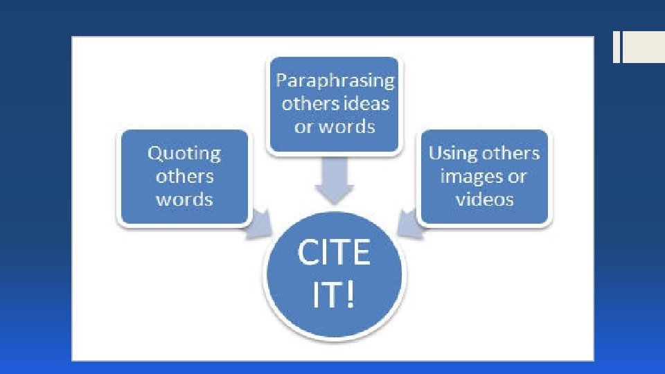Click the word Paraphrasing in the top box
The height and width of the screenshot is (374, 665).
tap(335, 81)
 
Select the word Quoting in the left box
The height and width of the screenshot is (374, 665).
tap(184, 153)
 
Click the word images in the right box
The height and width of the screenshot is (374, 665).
tap(470, 177)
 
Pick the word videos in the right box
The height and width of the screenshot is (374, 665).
tap(484, 199)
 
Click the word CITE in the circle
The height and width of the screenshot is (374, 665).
tap(334, 253)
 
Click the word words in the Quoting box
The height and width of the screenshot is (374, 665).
tap(184, 200)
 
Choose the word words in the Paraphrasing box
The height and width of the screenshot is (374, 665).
tap(349, 127)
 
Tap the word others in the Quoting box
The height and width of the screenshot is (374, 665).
tap(184, 177)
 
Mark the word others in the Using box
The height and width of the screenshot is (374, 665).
tap(511, 153)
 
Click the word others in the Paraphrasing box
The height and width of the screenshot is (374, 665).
tap(310, 105)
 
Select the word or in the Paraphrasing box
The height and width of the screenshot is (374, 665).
tap(304, 128)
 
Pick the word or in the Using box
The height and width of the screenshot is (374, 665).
tap(517, 177)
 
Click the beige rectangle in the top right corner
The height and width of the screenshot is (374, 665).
tap(644, 48)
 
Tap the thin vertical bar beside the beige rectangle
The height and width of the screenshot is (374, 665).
tap(617, 48)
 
